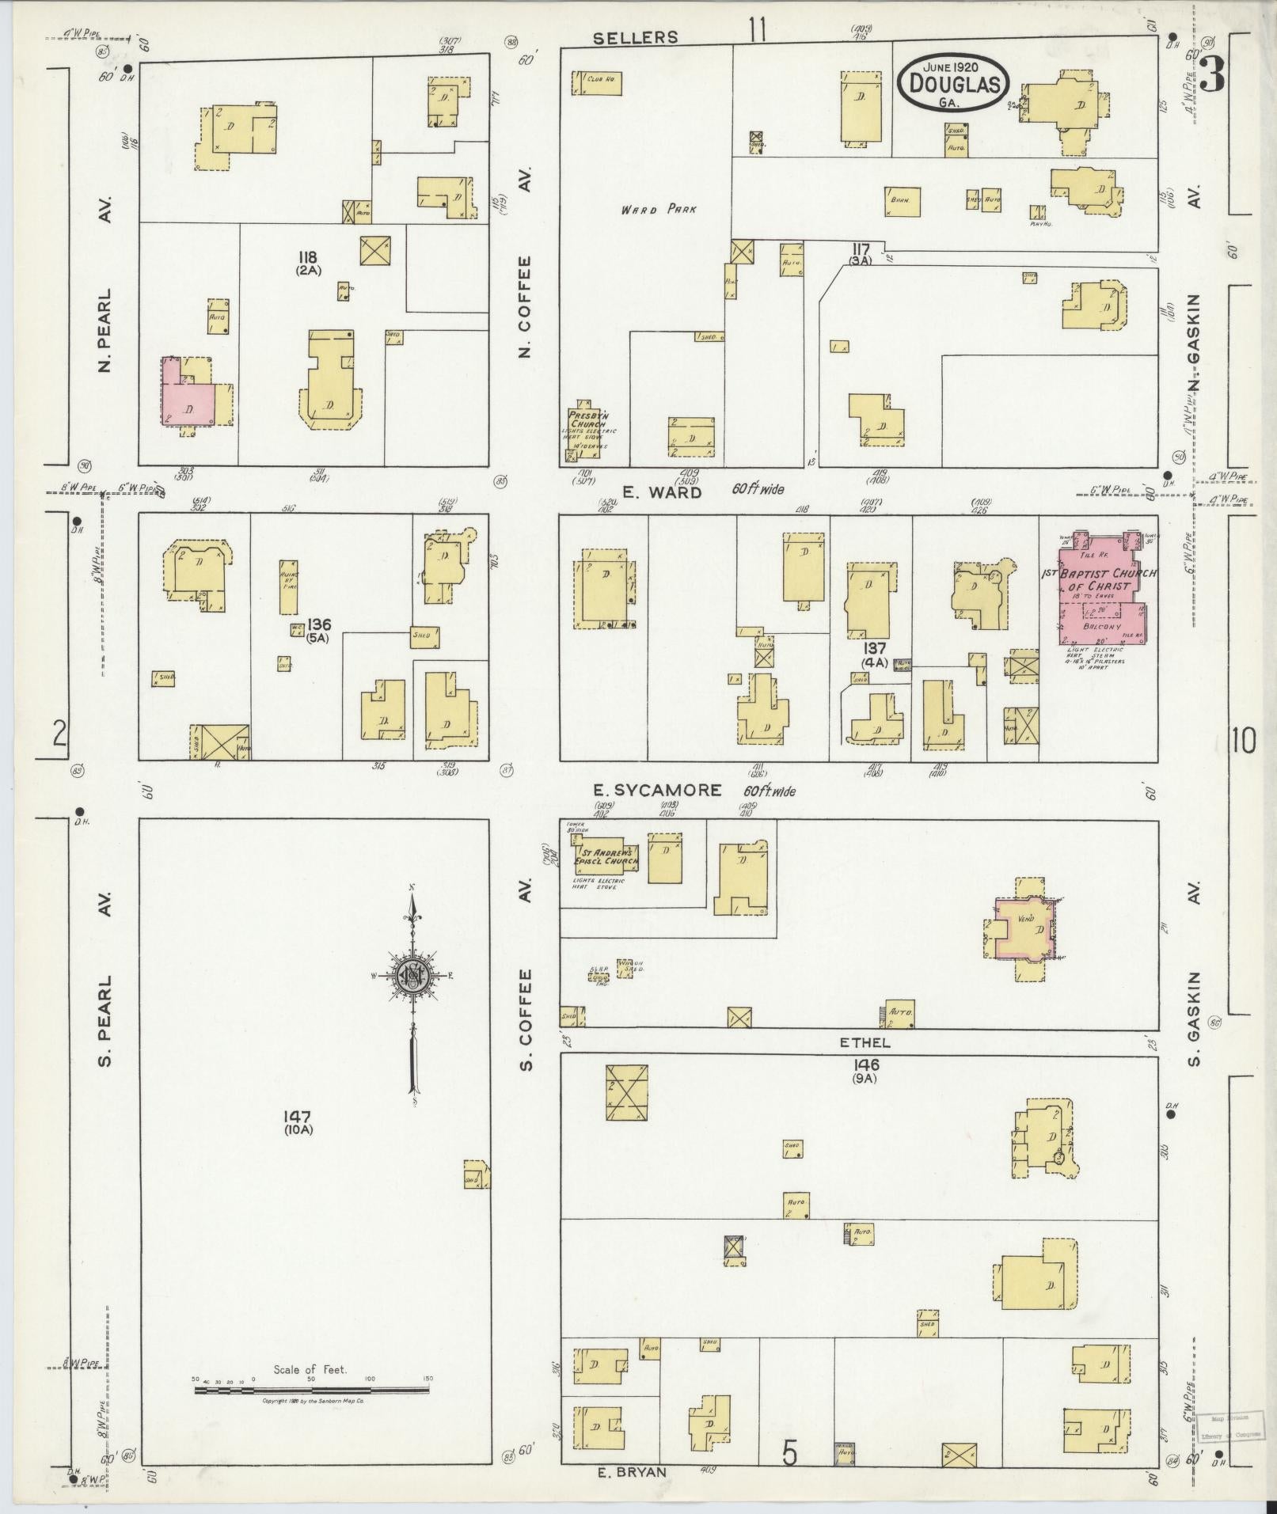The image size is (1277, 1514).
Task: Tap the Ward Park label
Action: pos(658,210)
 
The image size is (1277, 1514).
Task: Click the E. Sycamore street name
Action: pos(658,790)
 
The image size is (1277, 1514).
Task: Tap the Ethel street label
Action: pos(860,1043)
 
